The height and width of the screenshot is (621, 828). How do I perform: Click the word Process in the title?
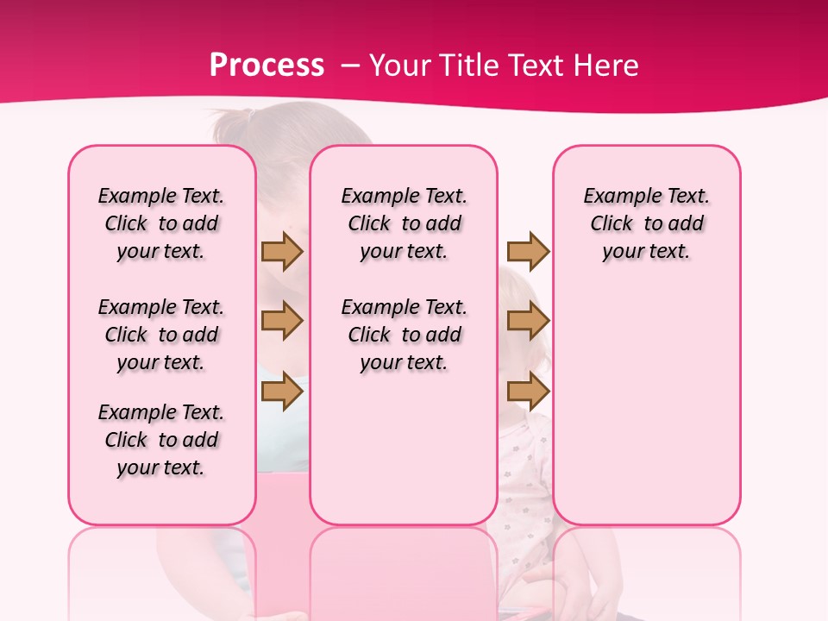(267, 65)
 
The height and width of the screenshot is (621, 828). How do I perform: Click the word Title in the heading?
(471, 65)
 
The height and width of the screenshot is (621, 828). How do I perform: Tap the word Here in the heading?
(605, 65)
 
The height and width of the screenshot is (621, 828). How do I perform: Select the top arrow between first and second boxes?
(282, 251)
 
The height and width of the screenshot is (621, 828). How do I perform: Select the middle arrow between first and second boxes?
(282, 321)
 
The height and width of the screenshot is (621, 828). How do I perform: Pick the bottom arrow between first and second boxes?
(282, 391)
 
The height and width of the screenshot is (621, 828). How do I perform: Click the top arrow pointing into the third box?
(528, 251)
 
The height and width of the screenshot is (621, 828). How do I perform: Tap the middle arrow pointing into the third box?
(528, 321)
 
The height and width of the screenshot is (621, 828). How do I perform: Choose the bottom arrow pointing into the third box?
(528, 391)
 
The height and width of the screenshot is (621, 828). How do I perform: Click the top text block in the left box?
(161, 223)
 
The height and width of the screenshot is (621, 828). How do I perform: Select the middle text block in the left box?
(161, 335)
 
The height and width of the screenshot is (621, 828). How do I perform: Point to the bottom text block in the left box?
(161, 440)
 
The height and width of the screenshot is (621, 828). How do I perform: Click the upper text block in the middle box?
(404, 223)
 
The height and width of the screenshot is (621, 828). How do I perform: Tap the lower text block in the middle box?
(404, 335)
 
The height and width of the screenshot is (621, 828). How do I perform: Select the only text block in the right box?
(646, 223)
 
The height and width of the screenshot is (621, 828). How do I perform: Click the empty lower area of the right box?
(646, 405)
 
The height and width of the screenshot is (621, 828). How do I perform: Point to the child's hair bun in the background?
(239, 118)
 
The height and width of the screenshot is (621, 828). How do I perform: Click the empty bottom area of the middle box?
(404, 457)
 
